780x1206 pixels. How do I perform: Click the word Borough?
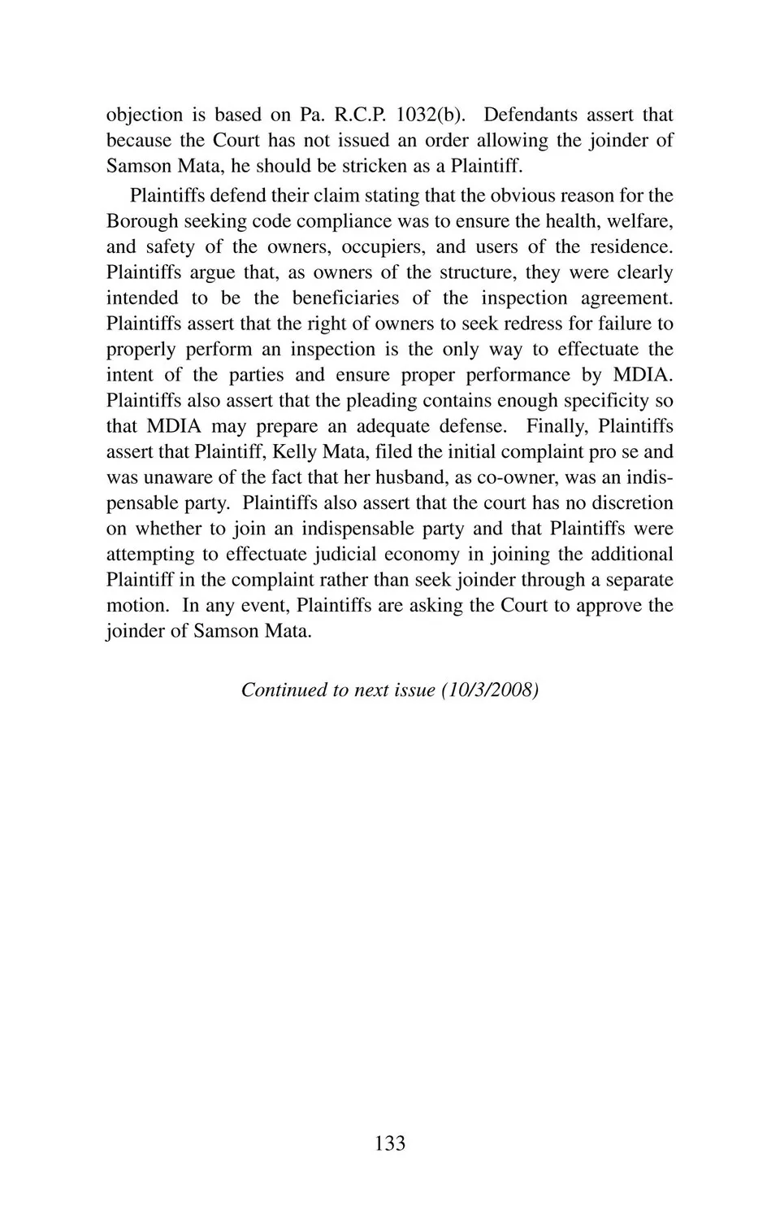pos(142,221)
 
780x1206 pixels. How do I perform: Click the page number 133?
pos(390,1143)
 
